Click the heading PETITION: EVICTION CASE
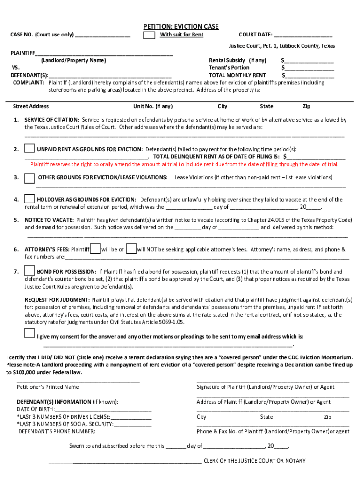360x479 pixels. click(180, 27)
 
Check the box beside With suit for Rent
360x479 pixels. click(149, 36)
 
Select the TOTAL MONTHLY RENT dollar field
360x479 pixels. click(309, 75)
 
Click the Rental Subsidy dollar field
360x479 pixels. click(309, 61)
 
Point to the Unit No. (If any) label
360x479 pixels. click(153, 106)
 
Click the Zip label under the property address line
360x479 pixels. click(307, 106)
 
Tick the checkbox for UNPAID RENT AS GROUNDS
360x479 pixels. click(29, 149)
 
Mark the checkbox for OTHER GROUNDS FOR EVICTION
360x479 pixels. click(29, 178)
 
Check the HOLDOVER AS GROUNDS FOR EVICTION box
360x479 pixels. click(29, 199)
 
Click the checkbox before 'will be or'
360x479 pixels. click(95, 249)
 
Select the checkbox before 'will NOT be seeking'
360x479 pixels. click(131, 249)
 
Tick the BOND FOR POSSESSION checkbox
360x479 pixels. click(29, 270)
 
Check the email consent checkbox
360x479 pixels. click(29, 333)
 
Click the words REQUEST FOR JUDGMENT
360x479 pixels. click(57, 300)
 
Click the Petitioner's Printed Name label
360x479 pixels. click(48, 387)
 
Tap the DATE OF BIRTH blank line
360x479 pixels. click(103, 410)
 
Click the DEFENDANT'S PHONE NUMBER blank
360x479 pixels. click(124, 432)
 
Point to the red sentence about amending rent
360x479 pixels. click(184, 164)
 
